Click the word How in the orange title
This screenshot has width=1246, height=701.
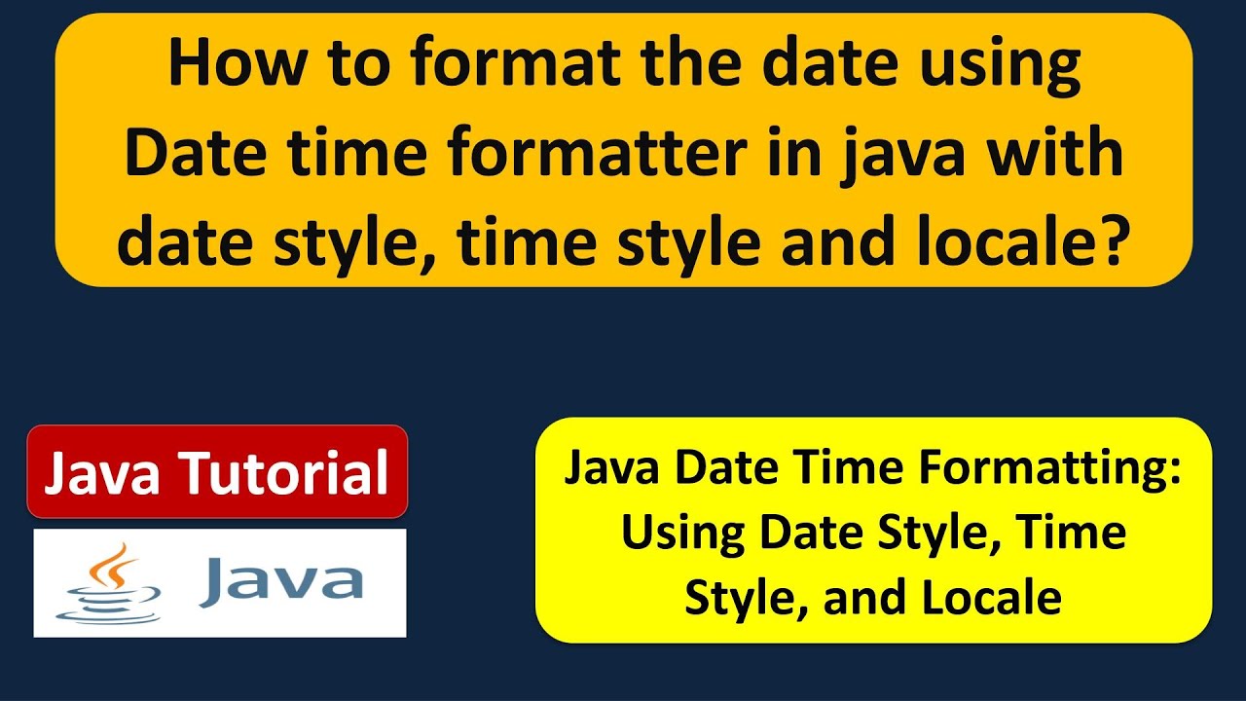237,61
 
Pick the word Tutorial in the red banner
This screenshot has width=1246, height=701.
285,472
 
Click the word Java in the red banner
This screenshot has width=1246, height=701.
102,472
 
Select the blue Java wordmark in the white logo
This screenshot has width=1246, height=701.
281,582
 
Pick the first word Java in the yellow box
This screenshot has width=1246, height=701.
612,468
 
